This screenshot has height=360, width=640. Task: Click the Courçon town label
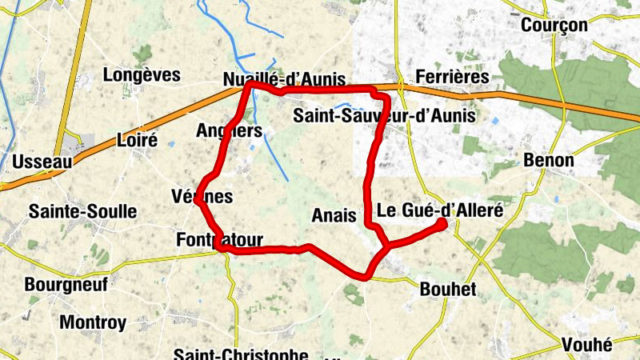point(554,26)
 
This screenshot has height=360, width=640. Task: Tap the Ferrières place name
point(452,77)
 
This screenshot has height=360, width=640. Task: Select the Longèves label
point(142,75)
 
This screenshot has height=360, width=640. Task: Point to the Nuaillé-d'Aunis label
point(284,79)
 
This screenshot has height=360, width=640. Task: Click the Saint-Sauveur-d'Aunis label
point(384,116)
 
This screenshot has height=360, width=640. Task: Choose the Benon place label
point(549,160)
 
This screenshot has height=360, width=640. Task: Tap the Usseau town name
point(42,162)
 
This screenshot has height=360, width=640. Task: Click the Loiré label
point(137,139)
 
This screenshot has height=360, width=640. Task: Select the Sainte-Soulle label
point(82,212)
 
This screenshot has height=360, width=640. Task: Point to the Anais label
point(334,214)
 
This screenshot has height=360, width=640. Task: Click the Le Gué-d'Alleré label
point(439,211)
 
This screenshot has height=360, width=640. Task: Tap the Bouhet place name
point(448,290)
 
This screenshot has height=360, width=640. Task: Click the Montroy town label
point(94,323)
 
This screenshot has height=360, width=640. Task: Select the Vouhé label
point(586,345)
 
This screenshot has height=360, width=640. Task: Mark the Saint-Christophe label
point(241,354)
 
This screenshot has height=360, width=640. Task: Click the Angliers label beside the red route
point(229,130)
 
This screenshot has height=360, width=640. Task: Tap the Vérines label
point(202,196)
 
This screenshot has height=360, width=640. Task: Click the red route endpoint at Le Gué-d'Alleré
point(442,225)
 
